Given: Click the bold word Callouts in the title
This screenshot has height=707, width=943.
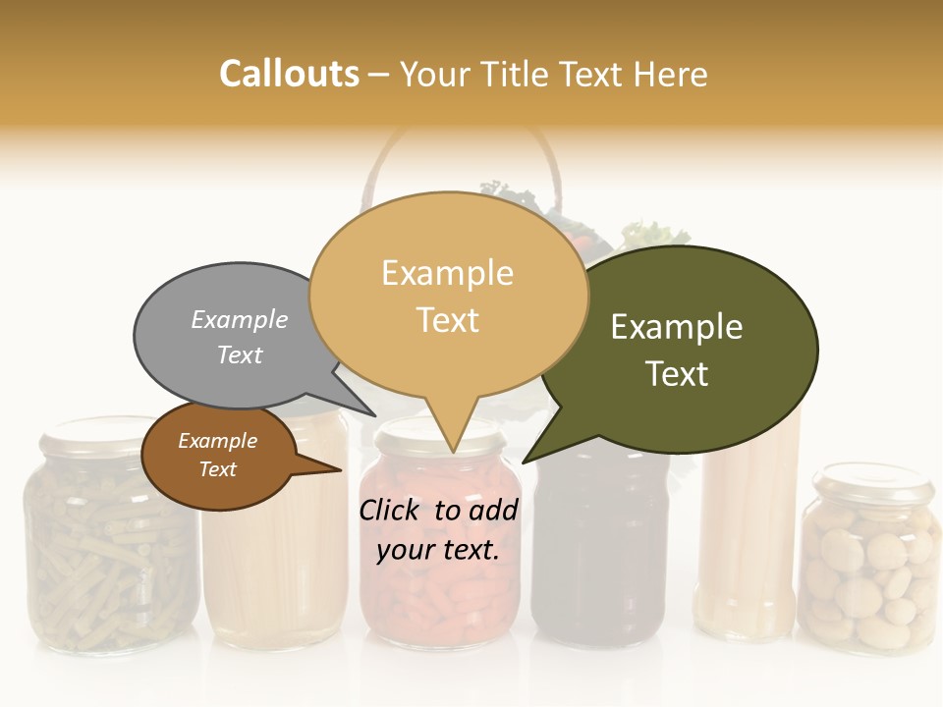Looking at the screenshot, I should click(x=289, y=74).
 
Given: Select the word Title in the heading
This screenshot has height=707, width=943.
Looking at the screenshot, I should click(x=519, y=74).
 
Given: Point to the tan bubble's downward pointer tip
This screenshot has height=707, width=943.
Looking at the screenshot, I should click(x=452, y=453).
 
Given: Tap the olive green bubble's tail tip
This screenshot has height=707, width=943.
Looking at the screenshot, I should click(x=524, y=462).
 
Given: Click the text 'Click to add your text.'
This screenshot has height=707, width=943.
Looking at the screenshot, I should click(x=438, y=530).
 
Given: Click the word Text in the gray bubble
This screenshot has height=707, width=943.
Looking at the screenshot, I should click(x=240, y=354).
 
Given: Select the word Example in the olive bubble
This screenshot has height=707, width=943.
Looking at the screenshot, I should click(x=677, y=327).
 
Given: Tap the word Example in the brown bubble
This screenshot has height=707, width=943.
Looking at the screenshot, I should click(x=218, y=441).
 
